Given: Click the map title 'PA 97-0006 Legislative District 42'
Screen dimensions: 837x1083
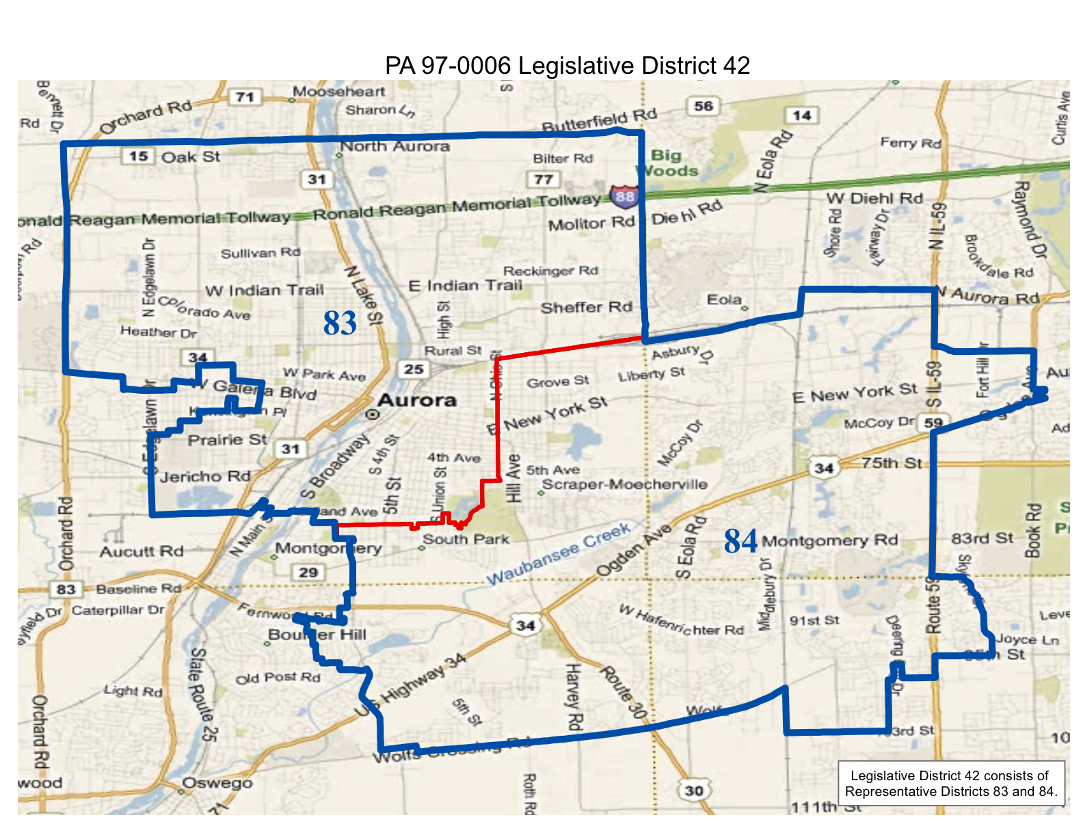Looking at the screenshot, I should coord(567,66).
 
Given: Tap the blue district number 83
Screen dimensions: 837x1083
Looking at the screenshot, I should coord(340,323).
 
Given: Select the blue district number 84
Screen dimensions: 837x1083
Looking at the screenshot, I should coord(740,541).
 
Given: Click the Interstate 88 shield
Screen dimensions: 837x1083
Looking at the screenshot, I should coord(624,196).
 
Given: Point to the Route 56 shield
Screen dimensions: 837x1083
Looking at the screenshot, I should coord(703,106).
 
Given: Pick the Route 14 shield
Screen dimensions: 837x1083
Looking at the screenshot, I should coord(801,115).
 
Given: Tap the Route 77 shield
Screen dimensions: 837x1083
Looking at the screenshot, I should coord(544,179).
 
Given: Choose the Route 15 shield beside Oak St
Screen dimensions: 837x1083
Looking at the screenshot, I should coord(138,156).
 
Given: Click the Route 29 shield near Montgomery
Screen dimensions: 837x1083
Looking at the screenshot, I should coord(308,572).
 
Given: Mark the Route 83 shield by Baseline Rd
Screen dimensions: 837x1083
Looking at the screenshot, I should coord(66,589).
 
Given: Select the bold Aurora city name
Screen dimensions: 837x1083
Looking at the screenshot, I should coord(416,401).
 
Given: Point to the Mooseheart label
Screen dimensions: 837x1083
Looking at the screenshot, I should coord(338,92).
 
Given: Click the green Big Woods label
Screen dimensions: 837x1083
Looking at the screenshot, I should coord(667,163).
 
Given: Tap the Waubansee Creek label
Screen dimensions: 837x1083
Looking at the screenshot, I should coord(558,554).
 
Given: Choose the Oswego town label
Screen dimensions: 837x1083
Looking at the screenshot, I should coord(217,784).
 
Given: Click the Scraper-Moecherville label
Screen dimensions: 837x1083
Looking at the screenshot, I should coord(624,484).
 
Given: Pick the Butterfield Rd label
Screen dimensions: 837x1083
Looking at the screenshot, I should coord(599,120).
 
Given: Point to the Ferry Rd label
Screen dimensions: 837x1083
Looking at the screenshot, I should coord(910,143).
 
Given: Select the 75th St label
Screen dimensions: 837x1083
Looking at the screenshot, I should coord(891,463).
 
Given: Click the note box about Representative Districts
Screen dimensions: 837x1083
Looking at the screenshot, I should coord(951,784).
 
